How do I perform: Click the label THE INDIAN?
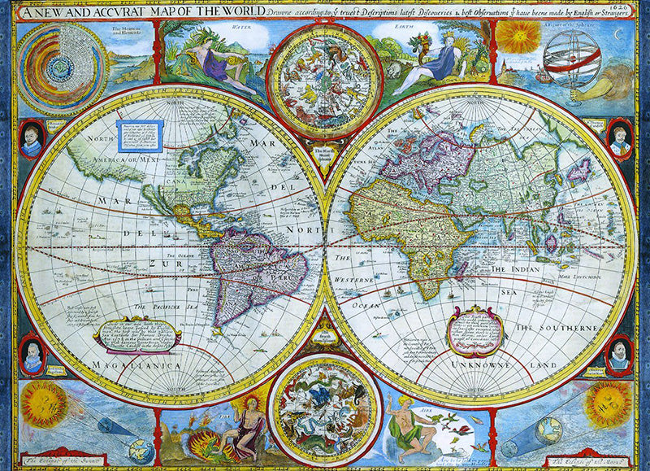[520, 268]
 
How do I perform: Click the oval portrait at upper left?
[31, 139]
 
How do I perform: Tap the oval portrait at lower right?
[619, 355]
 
